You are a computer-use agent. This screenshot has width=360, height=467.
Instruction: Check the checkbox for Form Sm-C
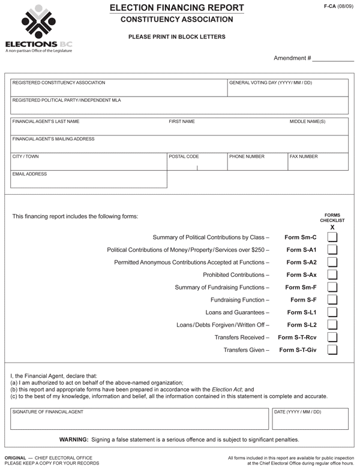pos(332,237)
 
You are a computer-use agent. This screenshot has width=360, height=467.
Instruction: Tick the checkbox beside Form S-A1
pos(332,249)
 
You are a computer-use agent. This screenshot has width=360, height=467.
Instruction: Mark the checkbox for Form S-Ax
pos(332,275)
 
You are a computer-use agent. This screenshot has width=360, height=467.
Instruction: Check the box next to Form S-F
pos(332,300)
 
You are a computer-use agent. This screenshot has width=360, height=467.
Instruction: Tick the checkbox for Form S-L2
pos(332,325)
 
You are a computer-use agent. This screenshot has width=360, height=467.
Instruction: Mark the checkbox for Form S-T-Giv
pos(332,350)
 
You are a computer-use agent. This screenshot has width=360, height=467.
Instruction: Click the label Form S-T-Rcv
pos(297,338)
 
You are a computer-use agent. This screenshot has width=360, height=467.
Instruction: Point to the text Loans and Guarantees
pos(236,312)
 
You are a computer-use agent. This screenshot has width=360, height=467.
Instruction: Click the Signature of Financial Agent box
pos(137,420)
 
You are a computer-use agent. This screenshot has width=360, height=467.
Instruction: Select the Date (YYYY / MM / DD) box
pos(310,420)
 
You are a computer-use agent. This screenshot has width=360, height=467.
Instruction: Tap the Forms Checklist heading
pos(332,218)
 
